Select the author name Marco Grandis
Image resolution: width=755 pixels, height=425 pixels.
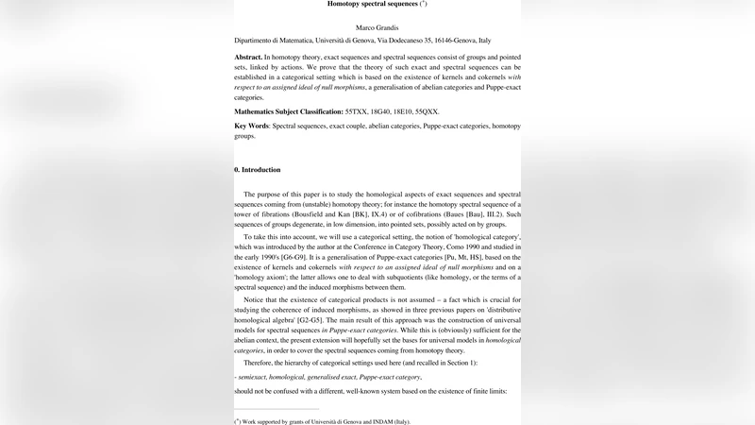[377, 27]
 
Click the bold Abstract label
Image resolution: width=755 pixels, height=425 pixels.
[249, 58]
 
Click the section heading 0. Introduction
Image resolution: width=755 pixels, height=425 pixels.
[258, 170]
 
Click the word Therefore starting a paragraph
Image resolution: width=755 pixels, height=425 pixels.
[262, 364]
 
